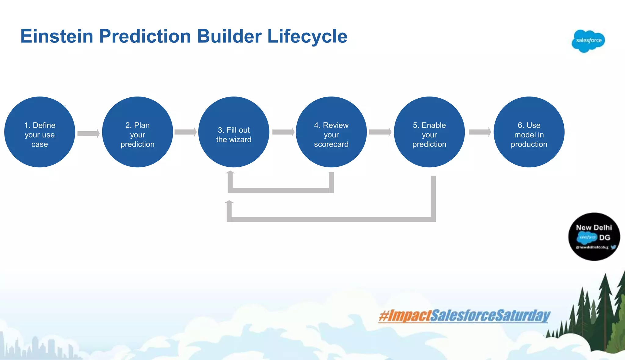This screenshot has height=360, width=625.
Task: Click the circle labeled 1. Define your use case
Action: coord(40,132)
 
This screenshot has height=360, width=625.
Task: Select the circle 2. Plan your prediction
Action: coord(137,132)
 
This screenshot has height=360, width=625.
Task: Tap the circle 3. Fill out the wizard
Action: coord(234,132)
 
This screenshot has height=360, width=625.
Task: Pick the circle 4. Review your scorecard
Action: coord(331,132)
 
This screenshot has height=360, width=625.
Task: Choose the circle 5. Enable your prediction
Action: coord(429,132)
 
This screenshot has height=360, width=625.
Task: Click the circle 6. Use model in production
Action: coord(529,132)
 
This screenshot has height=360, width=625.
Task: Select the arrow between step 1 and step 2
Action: coord(89,133)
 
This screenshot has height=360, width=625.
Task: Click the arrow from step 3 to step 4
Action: coord(283,132)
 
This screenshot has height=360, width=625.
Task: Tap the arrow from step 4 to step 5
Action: coord(380,132)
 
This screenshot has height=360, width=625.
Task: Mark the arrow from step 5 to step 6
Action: coord(480,132)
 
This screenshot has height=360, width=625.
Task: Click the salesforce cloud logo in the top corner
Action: coord(588,41)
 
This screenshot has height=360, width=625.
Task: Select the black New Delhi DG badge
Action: coord(594,237)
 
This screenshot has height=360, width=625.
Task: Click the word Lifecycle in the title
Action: coord(307,36)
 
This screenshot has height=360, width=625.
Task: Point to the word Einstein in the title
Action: coord(57,36)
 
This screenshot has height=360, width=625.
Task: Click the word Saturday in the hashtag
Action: coord(522,316)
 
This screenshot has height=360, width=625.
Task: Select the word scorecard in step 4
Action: coord(331,144)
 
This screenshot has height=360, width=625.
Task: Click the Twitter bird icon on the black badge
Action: coord(613,247)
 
